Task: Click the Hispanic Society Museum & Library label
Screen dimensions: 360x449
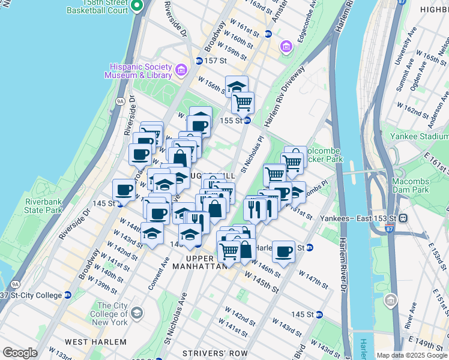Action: tap(138, 71)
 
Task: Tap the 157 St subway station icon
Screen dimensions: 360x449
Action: tap(199, 61)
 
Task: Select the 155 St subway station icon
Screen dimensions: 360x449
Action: tap(247, 120)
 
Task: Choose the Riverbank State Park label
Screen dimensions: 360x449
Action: tap(43, 205)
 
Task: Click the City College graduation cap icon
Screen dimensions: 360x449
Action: tap(137, 313)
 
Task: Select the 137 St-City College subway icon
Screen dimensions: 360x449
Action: tap(67, 295)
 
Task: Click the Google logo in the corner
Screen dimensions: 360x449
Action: tap(20, 353)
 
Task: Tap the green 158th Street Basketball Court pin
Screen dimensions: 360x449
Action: tap(137, 7)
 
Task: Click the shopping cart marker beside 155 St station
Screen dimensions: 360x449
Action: tap(243, 103)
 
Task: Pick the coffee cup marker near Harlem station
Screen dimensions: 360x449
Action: tap(283, 251)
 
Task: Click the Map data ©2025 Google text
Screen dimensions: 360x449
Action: tap(412, 355)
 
